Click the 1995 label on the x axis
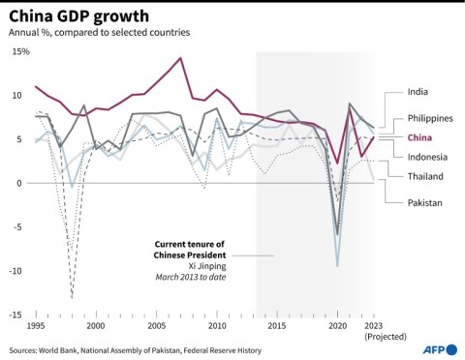click(x=35, y=326)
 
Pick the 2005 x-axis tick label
click(x=156, y=326)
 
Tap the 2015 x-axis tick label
click(x=277, y=326)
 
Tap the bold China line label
click(x=421, y=138)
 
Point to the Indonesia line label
click(x=427, y=157)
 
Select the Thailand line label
click(x=425, y=176)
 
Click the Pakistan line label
click(x=425, y=202)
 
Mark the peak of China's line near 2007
click(x=180, y=58)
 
